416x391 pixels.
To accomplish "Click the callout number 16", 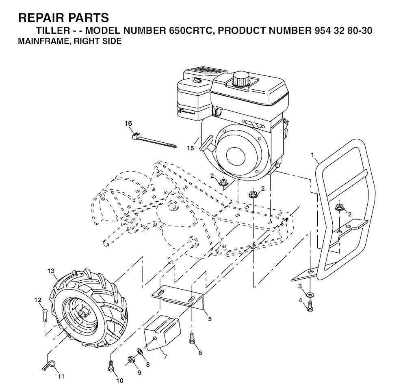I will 128,123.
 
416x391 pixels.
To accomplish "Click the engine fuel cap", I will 240,78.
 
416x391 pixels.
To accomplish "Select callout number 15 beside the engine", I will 190,148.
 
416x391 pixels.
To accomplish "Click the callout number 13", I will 51,271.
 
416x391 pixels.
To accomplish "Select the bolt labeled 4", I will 310,305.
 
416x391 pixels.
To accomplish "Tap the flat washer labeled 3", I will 310,293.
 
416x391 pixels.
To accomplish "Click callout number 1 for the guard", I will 312,155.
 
